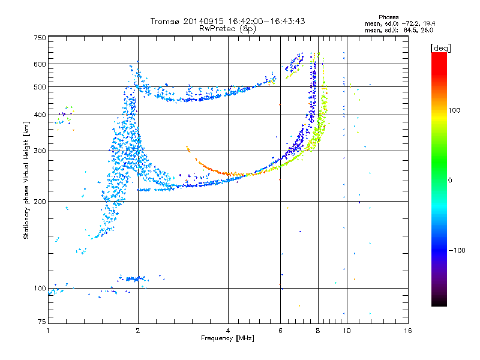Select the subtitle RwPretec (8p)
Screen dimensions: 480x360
pos(227,29)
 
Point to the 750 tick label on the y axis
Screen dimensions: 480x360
pos(40,38)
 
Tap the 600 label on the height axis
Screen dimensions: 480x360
pos(40,64)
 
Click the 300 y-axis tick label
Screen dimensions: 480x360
pos(40,151)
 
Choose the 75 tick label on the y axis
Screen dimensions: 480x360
pos(42,322)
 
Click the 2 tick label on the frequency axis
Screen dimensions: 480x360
pos(138,331)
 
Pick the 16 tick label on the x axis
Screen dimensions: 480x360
pos(408,331)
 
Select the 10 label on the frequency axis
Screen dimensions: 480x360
pos(347,331)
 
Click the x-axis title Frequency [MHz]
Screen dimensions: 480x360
pos(227,338)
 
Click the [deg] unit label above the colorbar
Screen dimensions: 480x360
pos(440,49)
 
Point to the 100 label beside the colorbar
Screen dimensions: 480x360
pos(454,110)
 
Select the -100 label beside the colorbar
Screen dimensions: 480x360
pos(457,250)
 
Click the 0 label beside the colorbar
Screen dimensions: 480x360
pos(450,181)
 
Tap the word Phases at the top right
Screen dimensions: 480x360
pos(388,17)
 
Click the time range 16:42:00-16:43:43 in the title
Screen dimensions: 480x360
pos(266,21)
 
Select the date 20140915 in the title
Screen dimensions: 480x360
pos(203,21)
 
